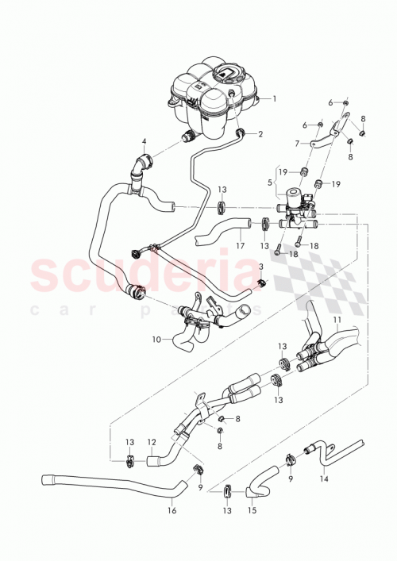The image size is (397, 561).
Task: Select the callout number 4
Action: point(144,144)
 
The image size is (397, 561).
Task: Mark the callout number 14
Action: point(323,479)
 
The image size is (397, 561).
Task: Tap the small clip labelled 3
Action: point(261,282)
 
